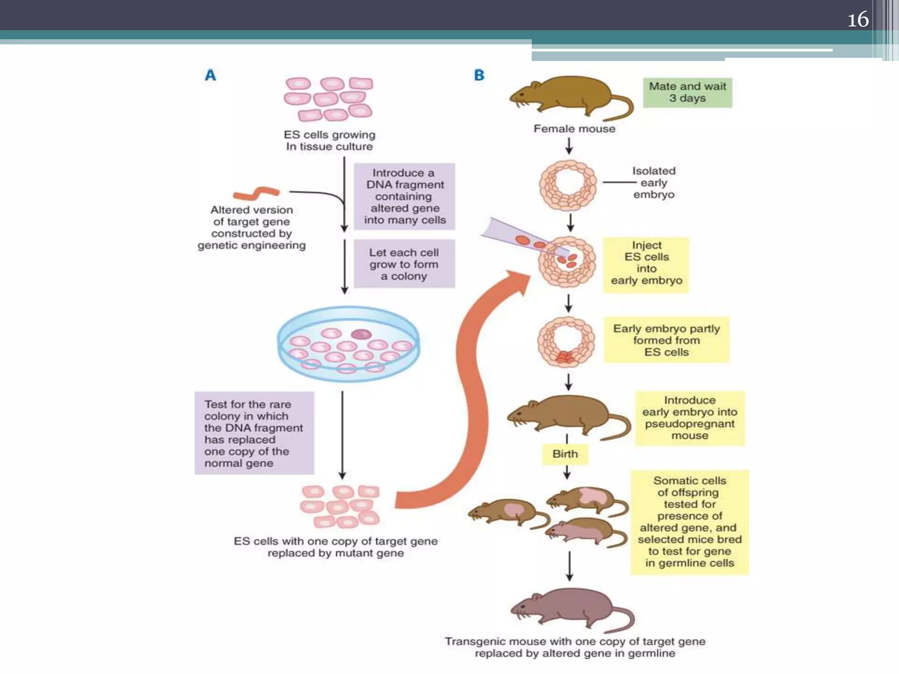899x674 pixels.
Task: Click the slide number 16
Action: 858,20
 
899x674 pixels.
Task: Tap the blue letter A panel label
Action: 211,75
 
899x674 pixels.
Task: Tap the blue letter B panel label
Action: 479,75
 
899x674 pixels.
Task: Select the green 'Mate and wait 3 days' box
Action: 687,93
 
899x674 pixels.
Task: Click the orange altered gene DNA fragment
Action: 256,193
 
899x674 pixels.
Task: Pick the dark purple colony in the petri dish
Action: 361,334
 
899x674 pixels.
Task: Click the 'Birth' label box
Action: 565,454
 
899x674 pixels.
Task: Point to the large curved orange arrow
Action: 472,395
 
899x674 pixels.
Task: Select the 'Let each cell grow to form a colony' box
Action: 404,264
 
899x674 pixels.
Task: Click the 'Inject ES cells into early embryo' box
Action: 646,265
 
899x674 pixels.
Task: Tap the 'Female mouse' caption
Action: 574,129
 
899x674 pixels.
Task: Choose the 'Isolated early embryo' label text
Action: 654,183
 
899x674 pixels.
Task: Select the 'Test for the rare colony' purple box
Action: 254,433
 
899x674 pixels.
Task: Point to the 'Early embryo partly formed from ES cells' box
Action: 666,340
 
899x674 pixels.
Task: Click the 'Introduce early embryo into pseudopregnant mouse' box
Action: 690,418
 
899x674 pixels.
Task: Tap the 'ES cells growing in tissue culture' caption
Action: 329,140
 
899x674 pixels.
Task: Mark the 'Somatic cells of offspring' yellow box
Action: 690,522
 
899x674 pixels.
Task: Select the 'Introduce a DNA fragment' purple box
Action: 404,197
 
